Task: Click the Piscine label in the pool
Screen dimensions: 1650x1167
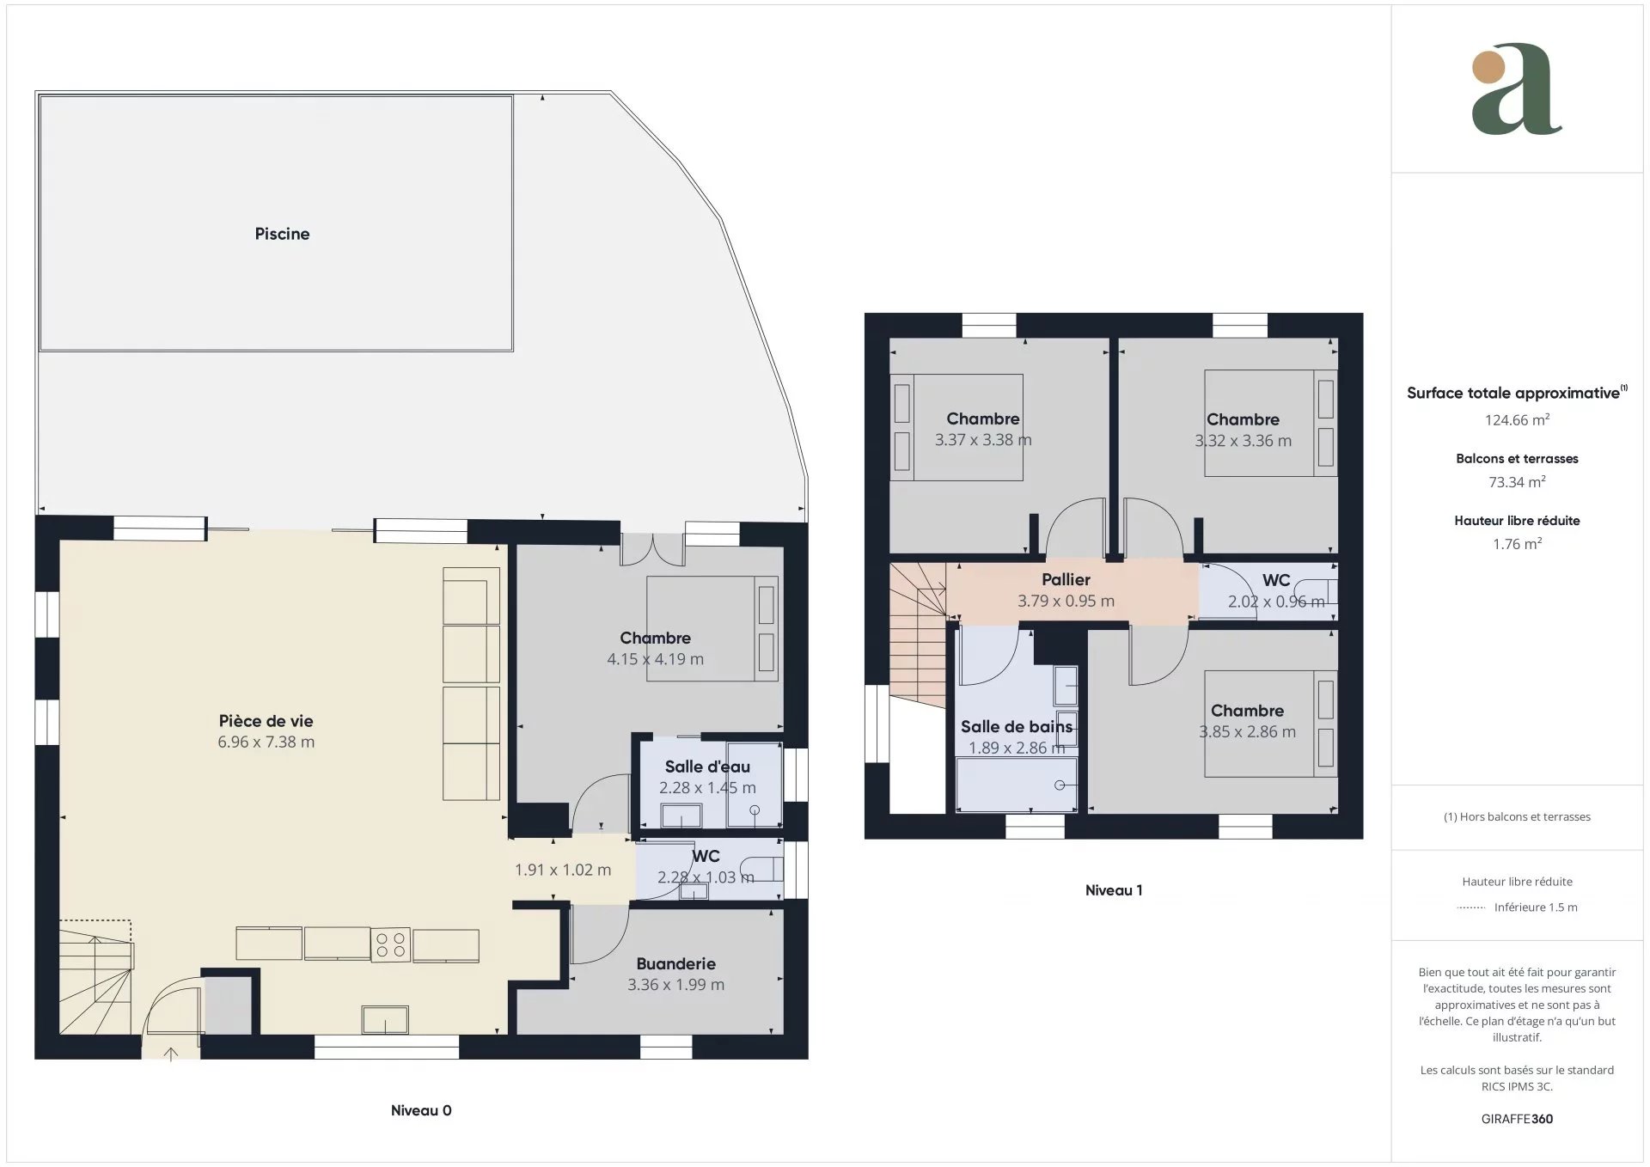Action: (x=282, y=234)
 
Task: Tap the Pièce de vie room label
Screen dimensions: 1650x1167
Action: (x=266, y=721)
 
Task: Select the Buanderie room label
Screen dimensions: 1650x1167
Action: (x=675, y=964)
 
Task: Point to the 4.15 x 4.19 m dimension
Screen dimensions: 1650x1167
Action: (x=655, y=659)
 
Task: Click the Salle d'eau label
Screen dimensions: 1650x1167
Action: (x=707, y=767)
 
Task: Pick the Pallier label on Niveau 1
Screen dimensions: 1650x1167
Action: (x=1066, y=580)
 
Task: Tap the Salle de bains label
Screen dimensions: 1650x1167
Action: (x=1017, y=727)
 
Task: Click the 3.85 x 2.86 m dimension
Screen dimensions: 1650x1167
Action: (x=1247, y=732)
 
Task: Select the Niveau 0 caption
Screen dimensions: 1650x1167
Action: (x=421, y=1110)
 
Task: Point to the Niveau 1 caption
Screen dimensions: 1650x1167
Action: (x=1114, y=890)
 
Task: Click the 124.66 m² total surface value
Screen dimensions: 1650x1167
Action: (x=1517, y=420)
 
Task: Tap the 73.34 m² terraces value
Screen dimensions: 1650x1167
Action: (x=1517, y=482)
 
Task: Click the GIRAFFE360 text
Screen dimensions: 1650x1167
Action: (x=1517, y=1119)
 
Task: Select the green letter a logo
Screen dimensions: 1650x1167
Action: (x=1517, y=89)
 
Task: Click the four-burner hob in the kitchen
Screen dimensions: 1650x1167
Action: (x=390, y=944)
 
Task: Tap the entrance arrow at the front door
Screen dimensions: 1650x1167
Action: (x=171, y=1053)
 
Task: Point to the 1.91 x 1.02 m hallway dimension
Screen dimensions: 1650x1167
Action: (x=563, y=870)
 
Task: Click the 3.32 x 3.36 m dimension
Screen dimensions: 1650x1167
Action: (x=1243, y=441)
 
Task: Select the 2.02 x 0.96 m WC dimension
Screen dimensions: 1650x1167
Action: (x=1276, y=602)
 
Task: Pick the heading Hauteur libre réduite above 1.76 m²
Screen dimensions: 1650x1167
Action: (x=1517, y=521)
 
